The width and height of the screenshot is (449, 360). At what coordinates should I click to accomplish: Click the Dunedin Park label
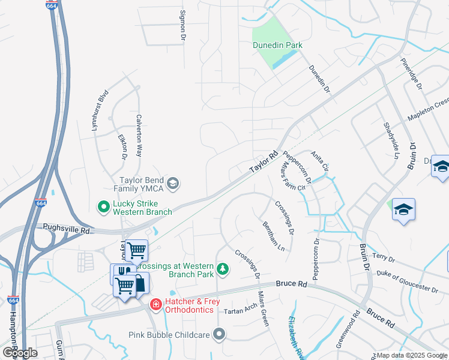pos(277,45)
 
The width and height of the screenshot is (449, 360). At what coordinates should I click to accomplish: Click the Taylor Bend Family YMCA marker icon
pos(173,184)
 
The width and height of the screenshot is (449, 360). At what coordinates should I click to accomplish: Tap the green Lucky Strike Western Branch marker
pos(103,206)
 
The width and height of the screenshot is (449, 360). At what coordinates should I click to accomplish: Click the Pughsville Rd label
pos(66,229)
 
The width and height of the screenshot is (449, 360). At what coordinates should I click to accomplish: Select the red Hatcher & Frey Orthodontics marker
pos(155,305)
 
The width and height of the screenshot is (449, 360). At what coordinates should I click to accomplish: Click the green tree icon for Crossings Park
pos(223,269)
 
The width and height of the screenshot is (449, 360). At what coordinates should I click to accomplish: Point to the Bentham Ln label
pos(274,236)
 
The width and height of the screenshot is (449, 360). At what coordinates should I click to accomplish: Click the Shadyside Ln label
pos(391,140)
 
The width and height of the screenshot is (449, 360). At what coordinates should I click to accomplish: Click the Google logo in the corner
pos(20,352)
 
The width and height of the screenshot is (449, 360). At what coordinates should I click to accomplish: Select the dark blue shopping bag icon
pos(139,283)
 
